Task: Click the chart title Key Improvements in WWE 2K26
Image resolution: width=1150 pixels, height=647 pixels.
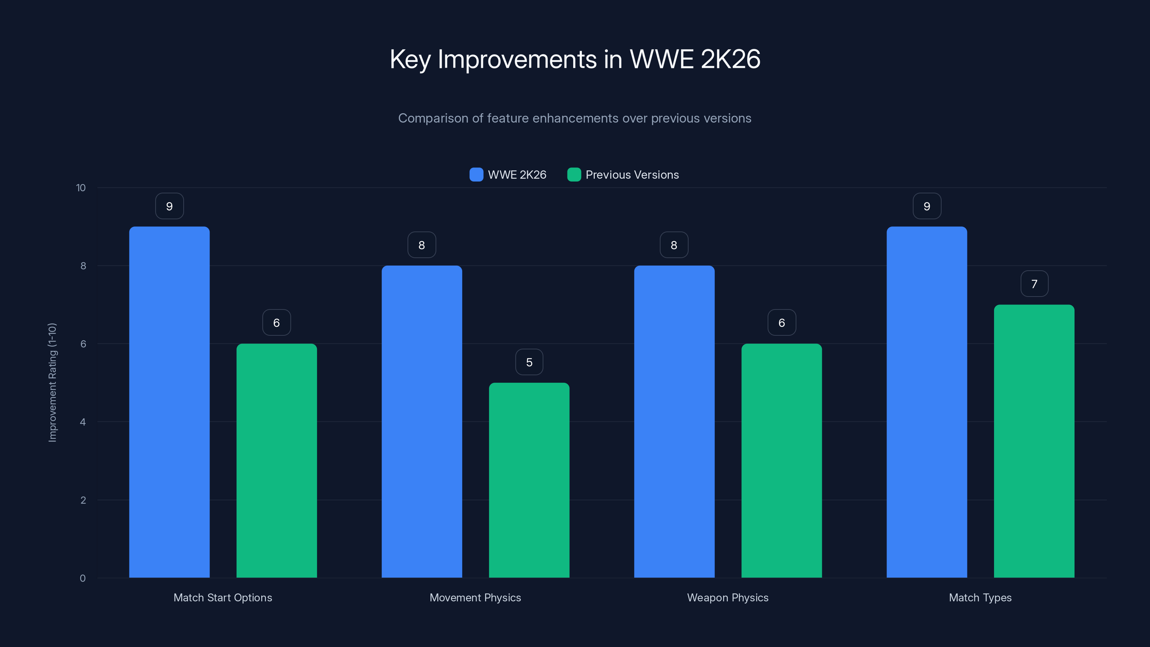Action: (575, 59)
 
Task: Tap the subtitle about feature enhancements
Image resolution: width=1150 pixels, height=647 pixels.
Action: (575, 118)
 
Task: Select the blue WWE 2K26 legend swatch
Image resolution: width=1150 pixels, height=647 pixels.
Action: (476, 175)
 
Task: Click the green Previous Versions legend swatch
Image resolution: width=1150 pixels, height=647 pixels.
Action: (574, 175)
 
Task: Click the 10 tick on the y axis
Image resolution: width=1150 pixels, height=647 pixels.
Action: (81, 188)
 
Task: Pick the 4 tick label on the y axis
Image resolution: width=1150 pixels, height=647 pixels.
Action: (83, 422)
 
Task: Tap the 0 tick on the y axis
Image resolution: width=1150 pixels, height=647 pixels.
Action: (83, 578)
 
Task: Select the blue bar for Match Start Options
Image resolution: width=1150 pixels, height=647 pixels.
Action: (169, 402)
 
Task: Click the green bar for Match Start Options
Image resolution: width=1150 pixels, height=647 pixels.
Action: (276, 460)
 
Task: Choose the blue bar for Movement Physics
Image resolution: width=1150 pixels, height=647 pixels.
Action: (422, 422)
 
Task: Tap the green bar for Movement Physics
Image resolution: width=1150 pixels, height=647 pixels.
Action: (529, 480)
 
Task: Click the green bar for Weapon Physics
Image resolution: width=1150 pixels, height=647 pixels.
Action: (781, 460)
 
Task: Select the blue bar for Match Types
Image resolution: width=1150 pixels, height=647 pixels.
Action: (927, 402)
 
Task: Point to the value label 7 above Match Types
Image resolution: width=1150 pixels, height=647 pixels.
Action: (1034, 284)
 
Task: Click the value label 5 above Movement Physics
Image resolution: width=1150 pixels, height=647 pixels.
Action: (529, 362)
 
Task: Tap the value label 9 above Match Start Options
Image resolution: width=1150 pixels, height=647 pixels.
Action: (169, 206)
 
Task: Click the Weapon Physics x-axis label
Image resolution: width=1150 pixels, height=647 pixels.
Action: (728, 598)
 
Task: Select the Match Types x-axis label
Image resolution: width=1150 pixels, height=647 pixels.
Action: (980, 598)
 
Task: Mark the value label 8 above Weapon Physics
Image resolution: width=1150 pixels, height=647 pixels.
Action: (674, 245)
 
